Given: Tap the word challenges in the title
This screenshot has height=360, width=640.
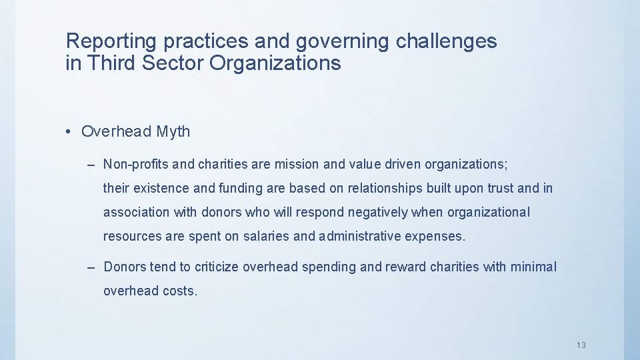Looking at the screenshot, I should tap(446, 41).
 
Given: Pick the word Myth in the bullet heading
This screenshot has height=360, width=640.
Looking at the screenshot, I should tap(173, 132).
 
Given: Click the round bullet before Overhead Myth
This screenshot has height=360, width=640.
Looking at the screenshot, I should tap(70, 132).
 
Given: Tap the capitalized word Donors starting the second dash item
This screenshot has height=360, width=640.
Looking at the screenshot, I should tap(125, 267).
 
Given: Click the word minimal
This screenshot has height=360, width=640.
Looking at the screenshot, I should tap(533, 267).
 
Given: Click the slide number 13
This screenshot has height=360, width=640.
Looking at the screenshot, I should tap(581, 345).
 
